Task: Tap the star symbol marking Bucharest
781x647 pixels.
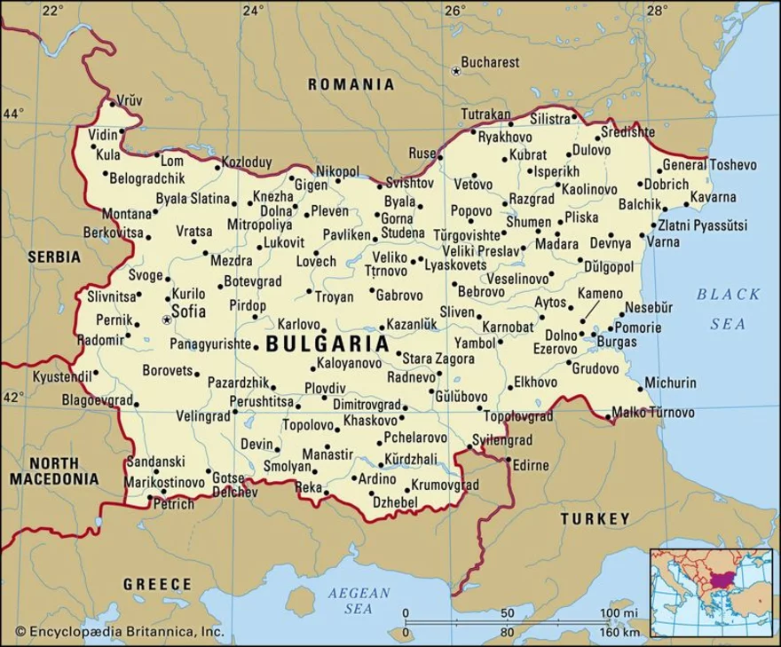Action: (456, 71)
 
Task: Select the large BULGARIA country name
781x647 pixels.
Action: (327, 343)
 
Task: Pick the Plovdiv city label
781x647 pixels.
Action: (324, 388)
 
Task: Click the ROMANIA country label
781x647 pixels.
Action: (350, 85)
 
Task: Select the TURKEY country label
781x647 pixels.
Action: (594, 518)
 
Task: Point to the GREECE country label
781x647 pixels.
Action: (157, 584)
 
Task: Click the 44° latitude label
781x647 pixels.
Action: (14, 114)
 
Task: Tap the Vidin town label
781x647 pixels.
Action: (103, 135)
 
